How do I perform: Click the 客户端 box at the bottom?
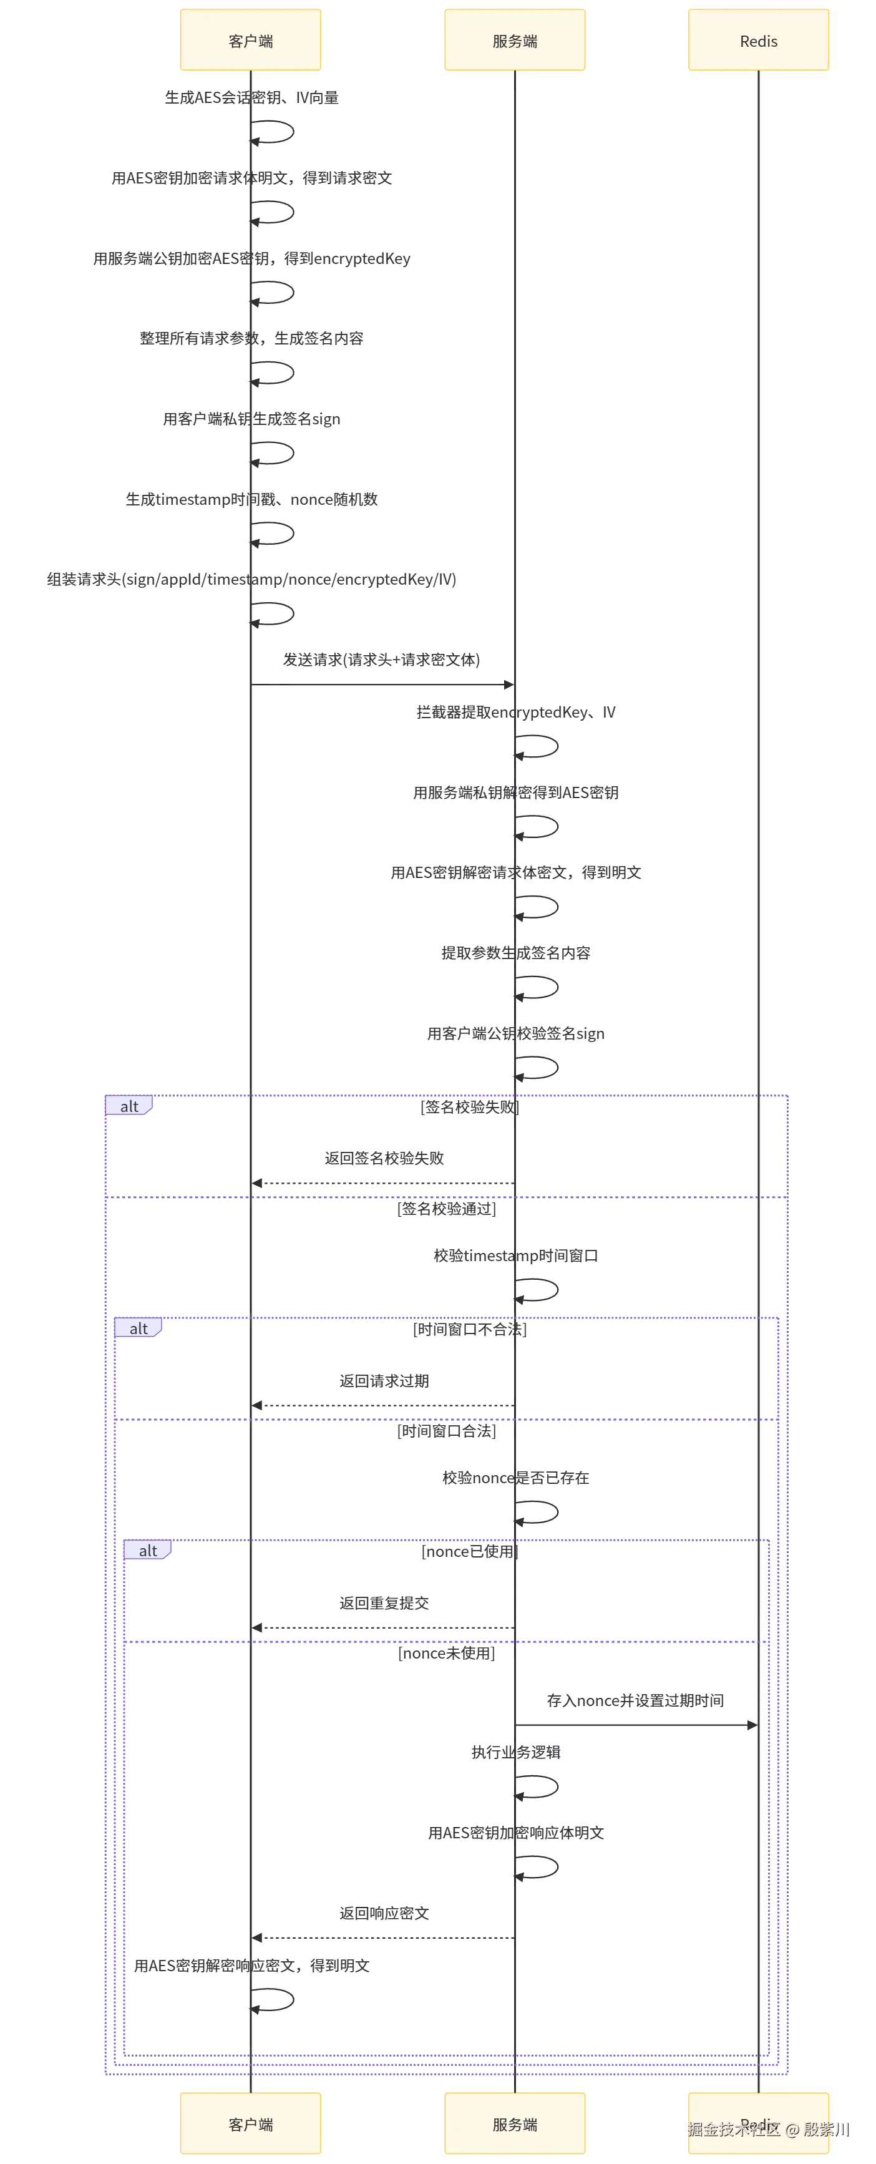click(x=251, y=2125)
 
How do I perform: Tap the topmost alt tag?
click(x=129, y=1106)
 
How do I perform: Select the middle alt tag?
click(x=139, y=1328)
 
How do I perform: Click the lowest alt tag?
click(x=148, y=1551)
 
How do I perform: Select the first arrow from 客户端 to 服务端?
click(x=384, y=686)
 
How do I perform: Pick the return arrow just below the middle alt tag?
click(x=384, y=1405)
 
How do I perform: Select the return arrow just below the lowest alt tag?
click(x=384, y=1627)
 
